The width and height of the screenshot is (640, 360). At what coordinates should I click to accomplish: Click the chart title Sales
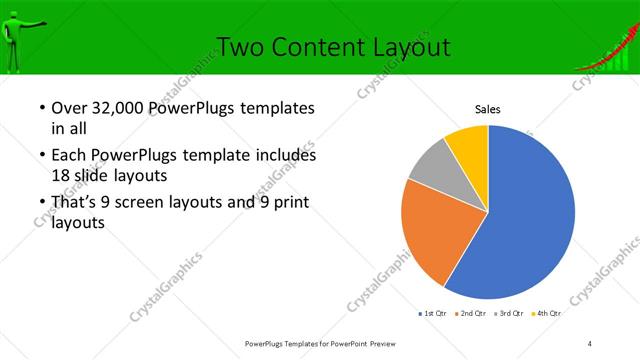pos(487,109)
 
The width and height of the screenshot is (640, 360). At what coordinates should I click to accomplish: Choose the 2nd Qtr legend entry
pos(469,314)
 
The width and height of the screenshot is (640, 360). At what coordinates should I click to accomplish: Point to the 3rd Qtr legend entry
pos(508,314)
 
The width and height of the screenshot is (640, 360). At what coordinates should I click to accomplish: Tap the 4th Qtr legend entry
pos(546,314)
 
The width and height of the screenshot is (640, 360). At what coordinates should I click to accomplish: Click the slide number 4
pos(590,343)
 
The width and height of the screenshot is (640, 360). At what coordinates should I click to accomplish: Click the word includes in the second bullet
pos(287,155)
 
